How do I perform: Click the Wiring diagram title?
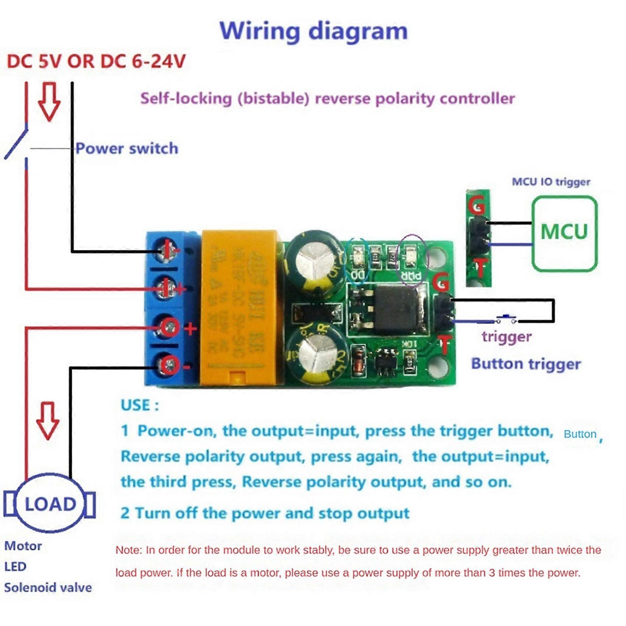click(x=313, y=31)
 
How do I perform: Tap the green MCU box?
click(x=564, y=233)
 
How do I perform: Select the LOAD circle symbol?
click(x=50, y=503)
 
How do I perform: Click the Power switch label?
click(x=127, y=148)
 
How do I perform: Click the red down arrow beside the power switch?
click(x=49, y=101)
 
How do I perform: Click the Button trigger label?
click(x=526, y=364)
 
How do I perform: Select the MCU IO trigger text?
click(x=551, y=182)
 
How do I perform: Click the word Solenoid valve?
click(x=48, y=587)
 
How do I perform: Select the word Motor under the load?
click(x=23, y=546)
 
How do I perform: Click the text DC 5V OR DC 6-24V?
click(x=96, y=61)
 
